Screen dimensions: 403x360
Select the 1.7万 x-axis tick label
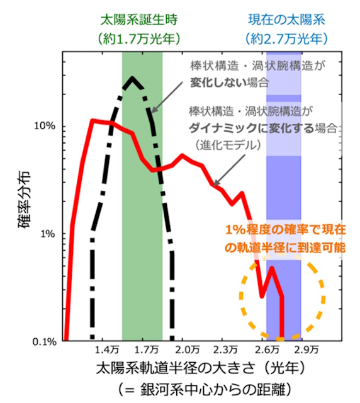coord(146,349)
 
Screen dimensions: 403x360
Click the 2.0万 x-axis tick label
coord(186,349)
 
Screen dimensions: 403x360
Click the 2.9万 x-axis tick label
coord(307,349)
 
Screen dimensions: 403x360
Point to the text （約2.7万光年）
coord(284,38)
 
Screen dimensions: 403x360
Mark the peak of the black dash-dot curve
coord(132,78)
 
